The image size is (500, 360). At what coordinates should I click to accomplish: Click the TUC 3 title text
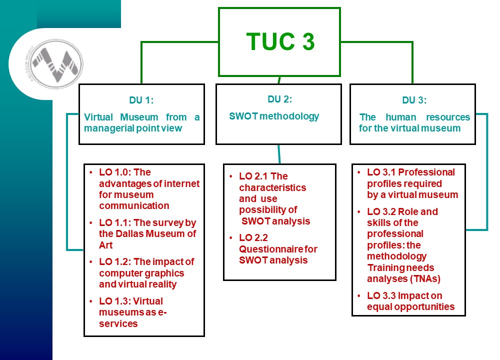tap(280, 41)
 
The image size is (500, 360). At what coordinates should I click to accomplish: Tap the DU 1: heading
tap(141, 100)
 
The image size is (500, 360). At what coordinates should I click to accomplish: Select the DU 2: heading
tap(279, 99)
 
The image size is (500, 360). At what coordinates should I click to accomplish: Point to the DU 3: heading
tap(414, 100)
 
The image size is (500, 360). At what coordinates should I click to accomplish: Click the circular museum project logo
tap(57, 64)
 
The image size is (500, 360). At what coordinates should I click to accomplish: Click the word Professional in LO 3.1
tap(426, 172)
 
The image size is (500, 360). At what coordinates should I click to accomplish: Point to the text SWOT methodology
tap(274, 116)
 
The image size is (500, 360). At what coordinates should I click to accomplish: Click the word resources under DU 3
tap(448, 117)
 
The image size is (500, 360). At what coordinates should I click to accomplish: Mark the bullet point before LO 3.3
tap(358, 296)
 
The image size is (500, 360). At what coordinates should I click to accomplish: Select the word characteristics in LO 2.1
tap(272, 187)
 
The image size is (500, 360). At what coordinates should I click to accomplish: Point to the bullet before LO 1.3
tap(91, 301)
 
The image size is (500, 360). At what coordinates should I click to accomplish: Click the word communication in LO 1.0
tap(134, 205)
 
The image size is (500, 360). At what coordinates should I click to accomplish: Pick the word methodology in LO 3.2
tap(396, 256)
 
